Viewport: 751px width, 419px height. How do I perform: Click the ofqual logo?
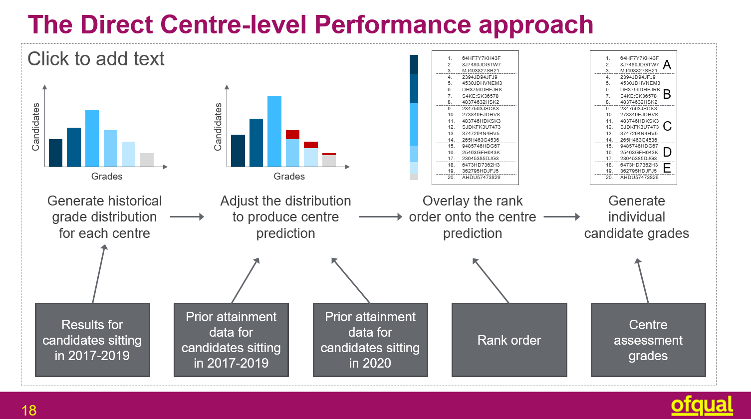[702, 406]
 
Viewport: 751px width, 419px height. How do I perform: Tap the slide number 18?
[29, 411]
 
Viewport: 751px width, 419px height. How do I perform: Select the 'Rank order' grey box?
[509, 340]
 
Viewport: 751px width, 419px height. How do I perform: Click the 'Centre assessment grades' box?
[648, 340]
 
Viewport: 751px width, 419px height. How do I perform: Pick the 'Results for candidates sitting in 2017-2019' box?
[92, 340]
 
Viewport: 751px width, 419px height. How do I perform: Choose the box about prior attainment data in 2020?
[370, 340]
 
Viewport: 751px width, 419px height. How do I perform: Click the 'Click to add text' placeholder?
[96, 59]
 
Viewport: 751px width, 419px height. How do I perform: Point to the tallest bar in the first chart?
[92, 138]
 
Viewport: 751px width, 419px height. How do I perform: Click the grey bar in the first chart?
[147, 160]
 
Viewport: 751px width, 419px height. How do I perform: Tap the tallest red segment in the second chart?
[292, 135]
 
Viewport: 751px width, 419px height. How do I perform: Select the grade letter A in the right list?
[667, 65]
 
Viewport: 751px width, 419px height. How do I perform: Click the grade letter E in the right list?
[667, 169]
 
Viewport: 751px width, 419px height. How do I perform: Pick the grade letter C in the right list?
[667, 126]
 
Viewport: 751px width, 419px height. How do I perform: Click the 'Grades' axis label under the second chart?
[289, 176]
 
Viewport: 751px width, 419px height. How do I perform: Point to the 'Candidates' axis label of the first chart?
[35, 127]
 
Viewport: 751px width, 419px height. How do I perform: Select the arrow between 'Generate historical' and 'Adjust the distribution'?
[187, 216]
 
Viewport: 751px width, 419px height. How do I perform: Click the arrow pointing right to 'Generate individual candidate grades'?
[562, 216]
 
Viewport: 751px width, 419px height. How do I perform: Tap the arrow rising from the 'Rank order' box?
[491, 280]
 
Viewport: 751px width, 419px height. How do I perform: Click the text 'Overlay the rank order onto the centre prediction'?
[472, 217]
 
